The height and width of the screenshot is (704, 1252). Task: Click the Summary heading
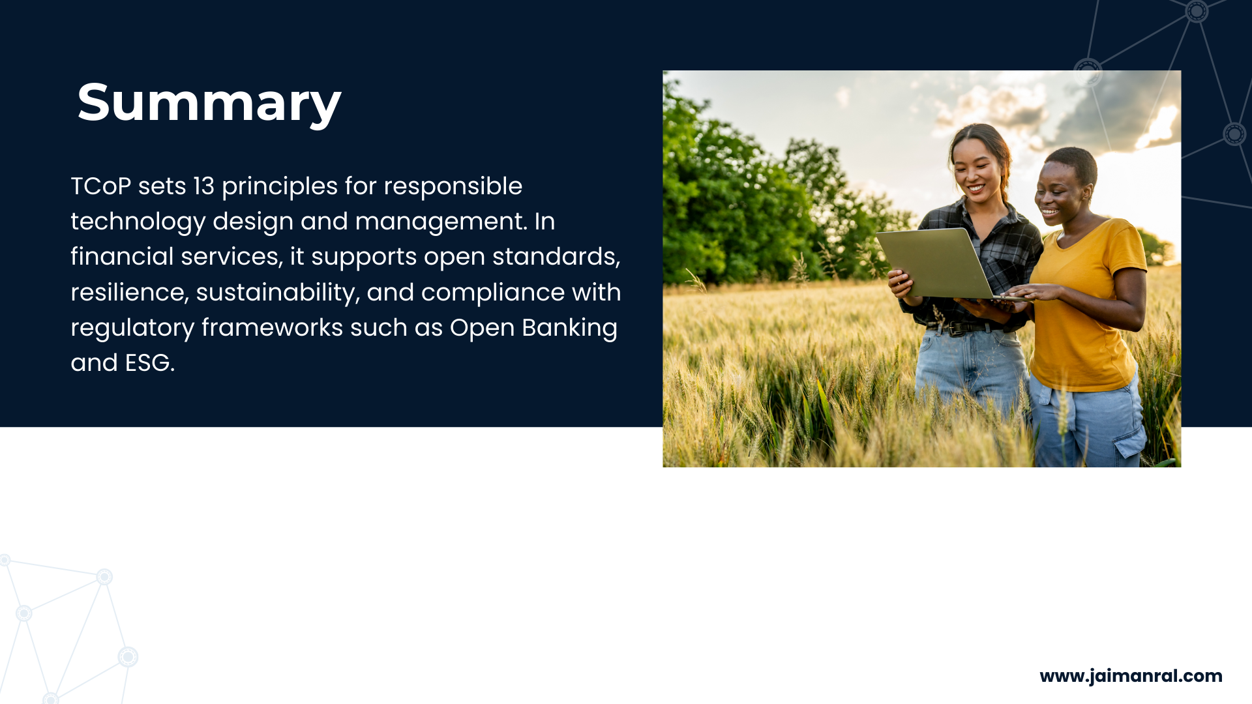coord(209,103)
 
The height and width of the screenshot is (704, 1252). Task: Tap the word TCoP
coord(101,186)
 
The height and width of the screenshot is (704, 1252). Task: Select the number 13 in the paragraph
coord(203,186)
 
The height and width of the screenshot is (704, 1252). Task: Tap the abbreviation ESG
coord(149,363)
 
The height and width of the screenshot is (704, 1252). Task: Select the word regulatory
coord(132,329)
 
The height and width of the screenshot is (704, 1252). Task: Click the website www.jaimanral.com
coord(1131,676)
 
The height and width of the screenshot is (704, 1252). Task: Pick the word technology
coord(138,223)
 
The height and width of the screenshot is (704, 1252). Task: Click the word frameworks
coord(272,328)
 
